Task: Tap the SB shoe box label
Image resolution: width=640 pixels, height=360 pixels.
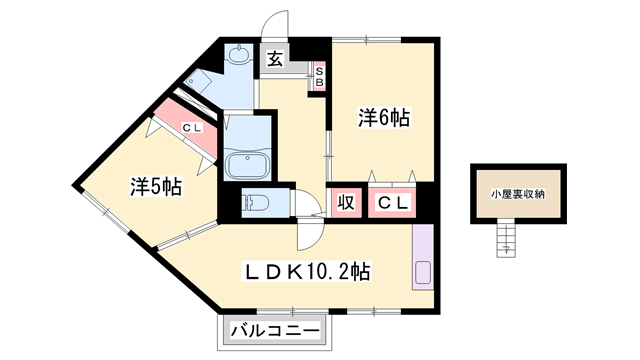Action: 319,77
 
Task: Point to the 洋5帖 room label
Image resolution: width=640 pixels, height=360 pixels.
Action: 155,186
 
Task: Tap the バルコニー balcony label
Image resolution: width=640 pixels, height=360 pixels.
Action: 276,330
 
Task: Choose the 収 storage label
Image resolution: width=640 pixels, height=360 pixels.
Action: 346,203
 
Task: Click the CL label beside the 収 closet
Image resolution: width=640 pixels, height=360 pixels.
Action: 392,203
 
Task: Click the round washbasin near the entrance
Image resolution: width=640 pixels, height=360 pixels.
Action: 240,55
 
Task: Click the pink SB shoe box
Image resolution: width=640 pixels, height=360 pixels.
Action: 319,77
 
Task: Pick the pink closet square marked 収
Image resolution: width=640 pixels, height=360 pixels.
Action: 346,203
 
